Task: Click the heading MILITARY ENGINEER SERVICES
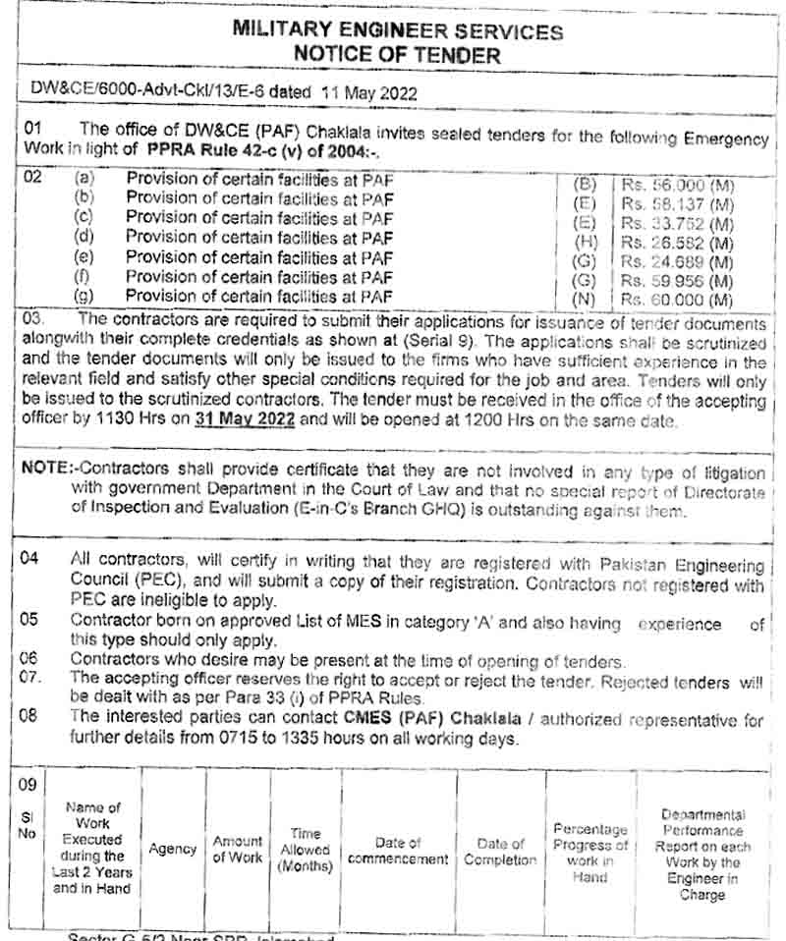click(x=397, y=30)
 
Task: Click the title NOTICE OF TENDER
click(x=397, y=54)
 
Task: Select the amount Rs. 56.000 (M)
click(x=678, y=185)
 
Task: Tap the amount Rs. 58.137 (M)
click(x=678, y=203)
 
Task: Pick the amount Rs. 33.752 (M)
click(x=678, y=223)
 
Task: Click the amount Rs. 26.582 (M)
click(x=678, y=242)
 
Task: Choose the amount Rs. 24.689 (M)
click(x=678, y=260)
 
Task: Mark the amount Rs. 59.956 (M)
click(x=678, y=280)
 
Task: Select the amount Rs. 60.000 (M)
click(x=678, y=299)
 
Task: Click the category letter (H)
click(x=586, y=242)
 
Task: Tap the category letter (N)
click(x=586, y=299)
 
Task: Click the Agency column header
click(x=173, y=849)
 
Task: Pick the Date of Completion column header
click(x=500, y=852)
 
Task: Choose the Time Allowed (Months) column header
click(x=306, y=850)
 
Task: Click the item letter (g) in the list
click(x=84, y=296)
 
